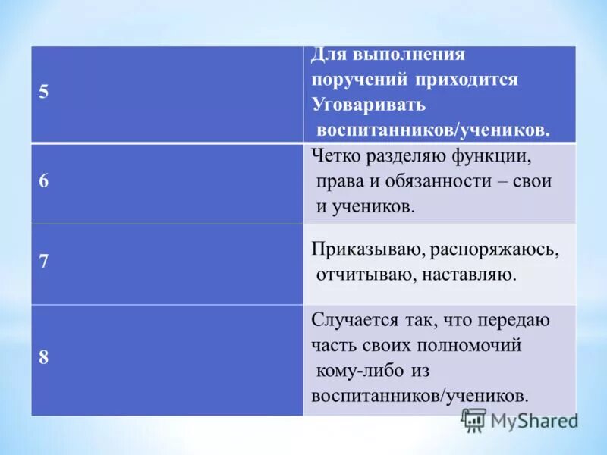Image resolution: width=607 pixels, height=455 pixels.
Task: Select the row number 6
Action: click(44, 182)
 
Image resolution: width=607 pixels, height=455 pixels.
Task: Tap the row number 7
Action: click(44, 262)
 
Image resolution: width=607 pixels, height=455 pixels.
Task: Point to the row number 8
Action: click(44, 358)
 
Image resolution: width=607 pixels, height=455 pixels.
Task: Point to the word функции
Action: click(488, 157)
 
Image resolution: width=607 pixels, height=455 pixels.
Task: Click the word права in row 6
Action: click(340, 182)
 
